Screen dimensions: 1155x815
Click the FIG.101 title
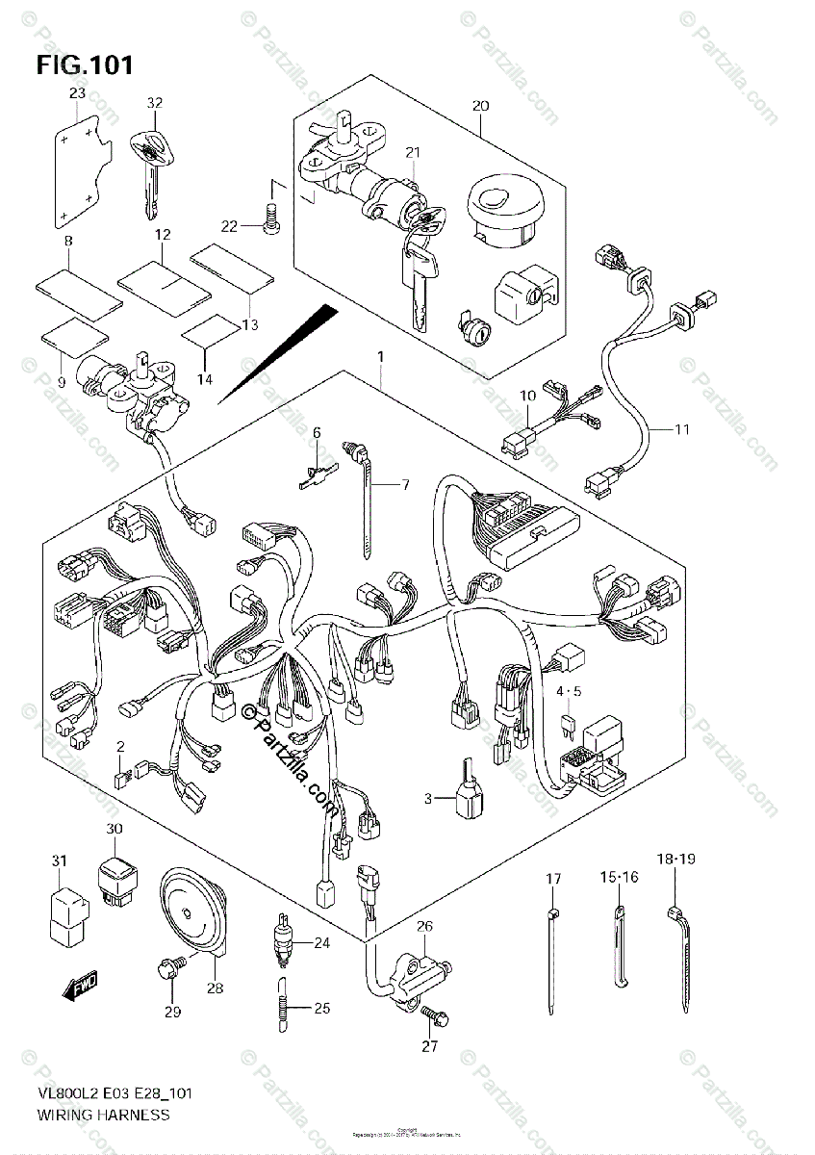[x=85, y=65]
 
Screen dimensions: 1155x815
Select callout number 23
[x=77, y=93]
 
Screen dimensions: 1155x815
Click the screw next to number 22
[x=270, y=221]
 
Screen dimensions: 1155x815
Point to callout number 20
[x=482, y=105]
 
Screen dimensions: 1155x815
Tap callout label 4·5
[x=568, y=690]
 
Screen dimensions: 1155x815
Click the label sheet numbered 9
[x=75, y=337]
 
